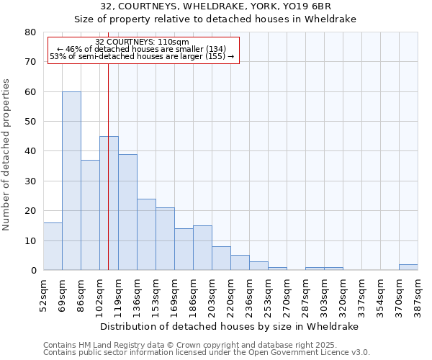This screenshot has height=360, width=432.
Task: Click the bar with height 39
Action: [127, 212]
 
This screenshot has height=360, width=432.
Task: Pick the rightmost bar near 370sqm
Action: [408, 267]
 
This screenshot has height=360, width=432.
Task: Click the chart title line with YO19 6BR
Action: [216, 6]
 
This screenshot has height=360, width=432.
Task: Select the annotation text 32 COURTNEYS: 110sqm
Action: [142, 42]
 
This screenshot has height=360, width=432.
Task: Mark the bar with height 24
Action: [146, 234]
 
